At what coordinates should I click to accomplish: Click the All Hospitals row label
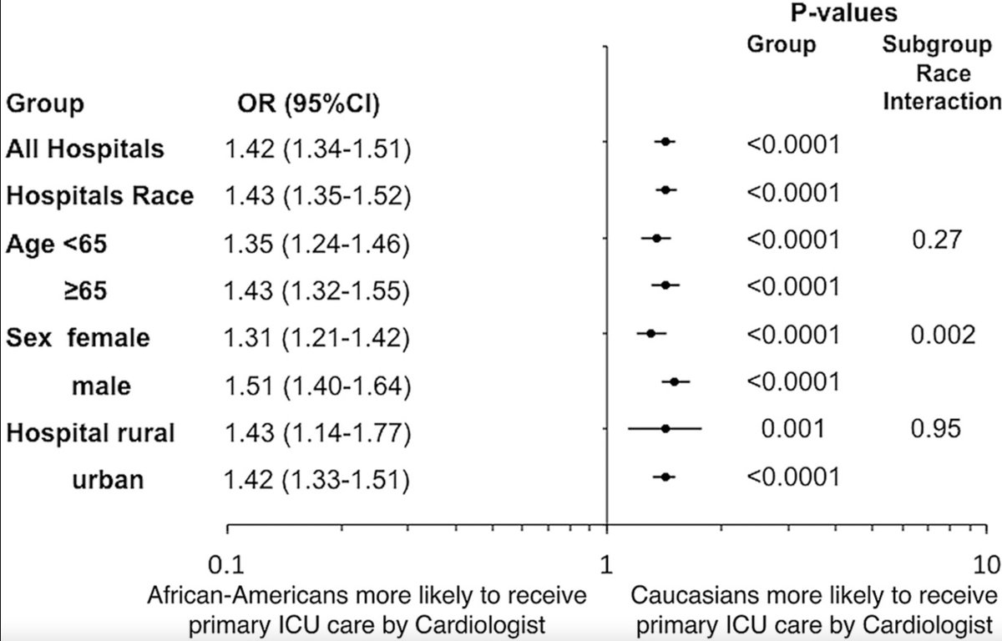[85, 149]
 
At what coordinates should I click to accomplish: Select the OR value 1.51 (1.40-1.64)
[317, 386]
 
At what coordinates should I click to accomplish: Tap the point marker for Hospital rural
[665, 429]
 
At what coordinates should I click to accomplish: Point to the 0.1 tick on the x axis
[228, 528]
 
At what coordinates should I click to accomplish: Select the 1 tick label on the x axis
[607, 563]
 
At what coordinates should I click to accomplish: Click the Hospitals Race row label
[100, 196]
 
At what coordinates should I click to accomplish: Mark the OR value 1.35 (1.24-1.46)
[317, 245]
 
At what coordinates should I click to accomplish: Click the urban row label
[106, 481]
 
